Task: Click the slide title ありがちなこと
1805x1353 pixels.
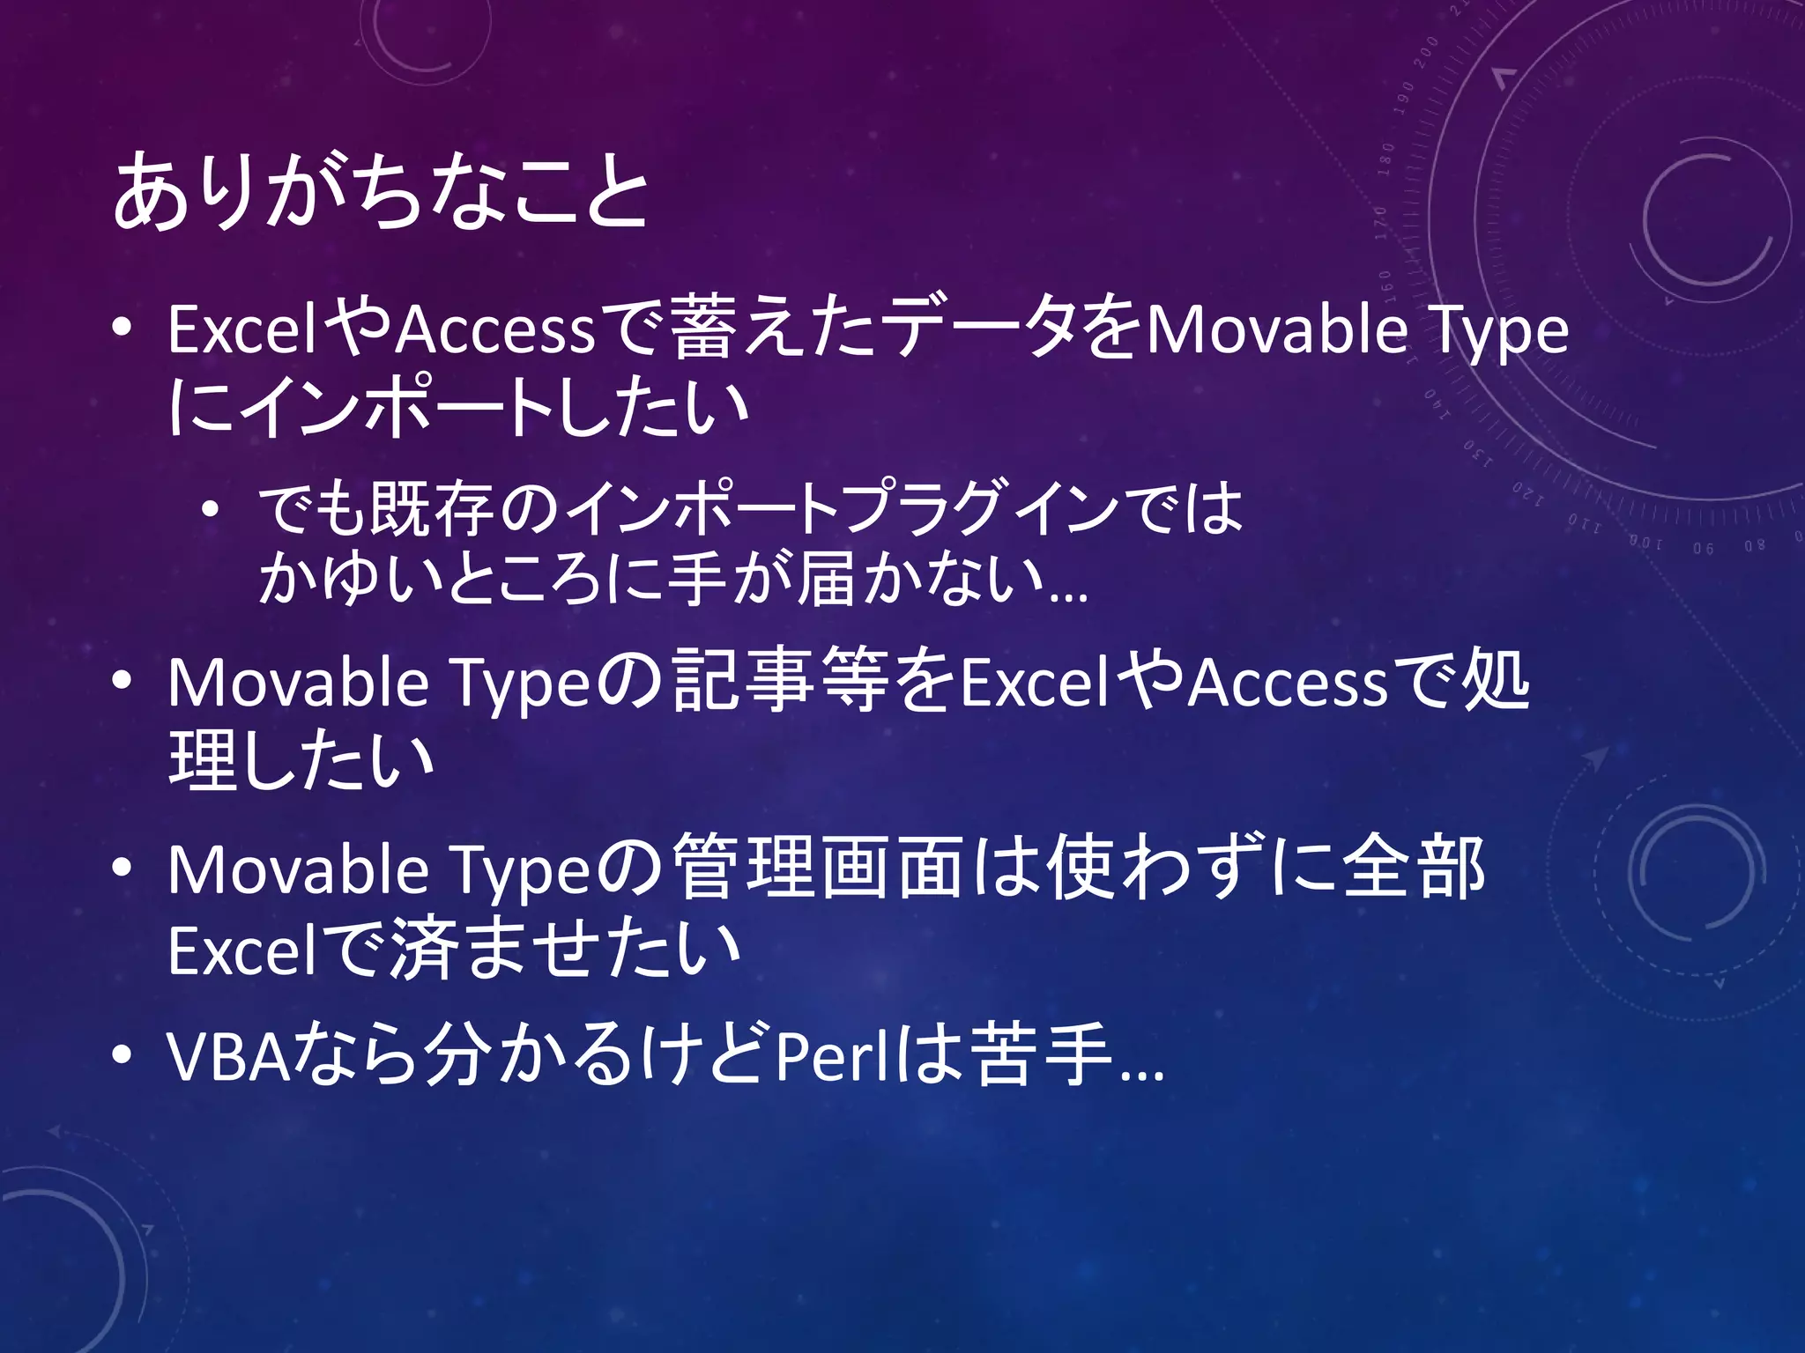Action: (381, 191)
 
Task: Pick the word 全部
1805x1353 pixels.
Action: (1415, 869)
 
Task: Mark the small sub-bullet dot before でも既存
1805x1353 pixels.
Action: (210, 510)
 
